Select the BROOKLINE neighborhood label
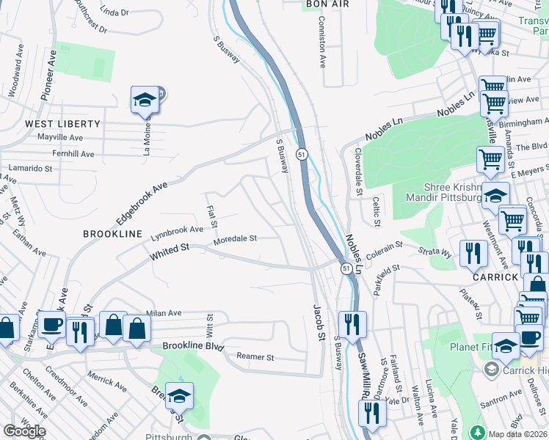[112, 233]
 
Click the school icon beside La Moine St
[145, 100]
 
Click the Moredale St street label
[235, 239]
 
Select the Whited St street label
[170, 252]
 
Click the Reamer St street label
[255, 357]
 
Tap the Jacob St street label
[319, 323]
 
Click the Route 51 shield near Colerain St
[345, 269]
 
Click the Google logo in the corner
[24, 431]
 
